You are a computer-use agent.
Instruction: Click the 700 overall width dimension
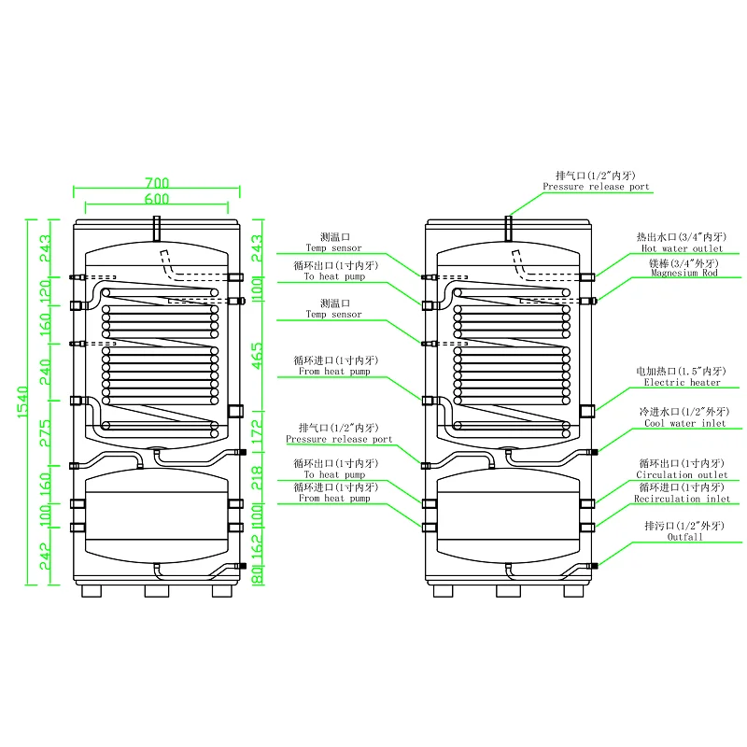coord(157,183)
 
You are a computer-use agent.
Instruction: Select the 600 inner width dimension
coord(157,199)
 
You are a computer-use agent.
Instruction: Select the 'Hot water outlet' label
coord(682,248)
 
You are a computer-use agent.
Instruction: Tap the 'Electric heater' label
coord(682,382)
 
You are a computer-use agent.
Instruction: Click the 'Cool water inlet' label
coord(685,423)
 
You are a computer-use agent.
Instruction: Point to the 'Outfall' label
coord(684,538)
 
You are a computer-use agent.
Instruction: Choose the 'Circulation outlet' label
coord(682,474)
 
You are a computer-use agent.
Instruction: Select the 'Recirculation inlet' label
coord(682,499)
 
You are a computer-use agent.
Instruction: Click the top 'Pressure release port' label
coord(596,187)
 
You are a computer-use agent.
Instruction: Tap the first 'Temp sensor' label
coord(333,248)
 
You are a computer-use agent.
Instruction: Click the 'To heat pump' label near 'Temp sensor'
coord(334,276)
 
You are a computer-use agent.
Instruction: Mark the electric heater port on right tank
coord(587,411)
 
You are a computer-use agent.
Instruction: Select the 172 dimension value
coord(258,431)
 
